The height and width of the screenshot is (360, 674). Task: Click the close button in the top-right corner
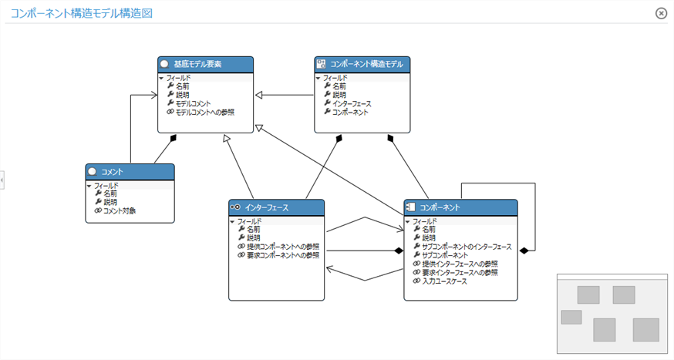pyautogui.click(x=661, y=13)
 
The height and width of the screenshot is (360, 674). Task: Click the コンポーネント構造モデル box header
pyautogui.click(x=362, y=65)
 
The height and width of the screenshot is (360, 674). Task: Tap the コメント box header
pyautogui.click(x=129, y=172)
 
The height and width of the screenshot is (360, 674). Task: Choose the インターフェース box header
pyautogui.click(x=275, y=207)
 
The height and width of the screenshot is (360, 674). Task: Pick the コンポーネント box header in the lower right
pyautogui.click(x=460, y=207)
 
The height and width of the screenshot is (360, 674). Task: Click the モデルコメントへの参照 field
pyautogui.click(x=204, y=113)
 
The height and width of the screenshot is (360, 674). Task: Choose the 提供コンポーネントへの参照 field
pyautogui.click(x=282, y=247)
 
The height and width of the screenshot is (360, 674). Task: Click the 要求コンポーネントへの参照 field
pyautogui.click(x=282, y=255)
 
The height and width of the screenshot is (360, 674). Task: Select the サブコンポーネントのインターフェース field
pyautogui.click(x=466, y=247)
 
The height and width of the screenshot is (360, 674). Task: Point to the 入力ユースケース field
pyautogui.click(x=444, y=281)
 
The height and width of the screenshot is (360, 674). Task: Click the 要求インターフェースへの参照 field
pyautogui.click(x=460, y=272)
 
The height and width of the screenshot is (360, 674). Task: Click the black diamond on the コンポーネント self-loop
pyautogui.click(x=524, y=251)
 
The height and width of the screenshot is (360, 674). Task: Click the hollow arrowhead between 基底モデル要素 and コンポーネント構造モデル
pyautogui.click(x=260, y=95)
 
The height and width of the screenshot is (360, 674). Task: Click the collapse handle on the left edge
pyautogui.click(x=2, y=180)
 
